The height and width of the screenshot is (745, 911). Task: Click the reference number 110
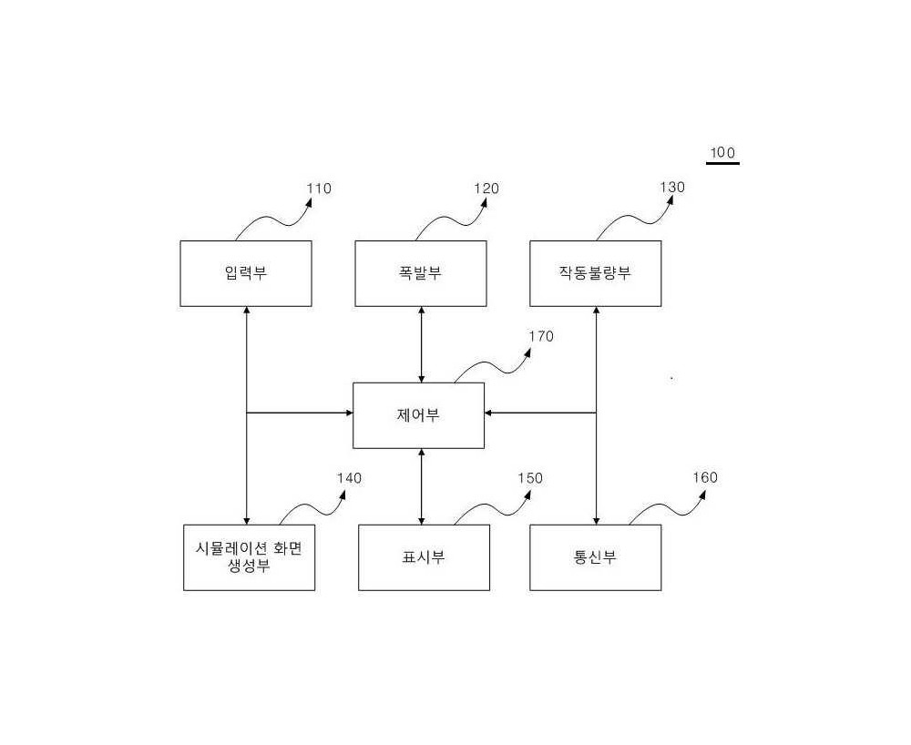coord(319,189)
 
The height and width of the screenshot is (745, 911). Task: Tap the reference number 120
coord(486,189)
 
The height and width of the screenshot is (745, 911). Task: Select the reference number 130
coord(672,188)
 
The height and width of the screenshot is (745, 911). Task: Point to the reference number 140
coord(349,478)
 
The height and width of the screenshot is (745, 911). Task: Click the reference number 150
coord(530,478)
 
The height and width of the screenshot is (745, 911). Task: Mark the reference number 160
coord(705,478)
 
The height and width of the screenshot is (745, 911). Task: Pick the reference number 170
coord(541,337)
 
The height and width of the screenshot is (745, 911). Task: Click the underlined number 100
coord(722,153)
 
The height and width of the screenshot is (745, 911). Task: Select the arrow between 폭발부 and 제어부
coord(421,344)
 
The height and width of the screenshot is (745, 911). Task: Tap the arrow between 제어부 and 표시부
coord(421,486)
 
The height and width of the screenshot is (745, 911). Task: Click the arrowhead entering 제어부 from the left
coord(349,413)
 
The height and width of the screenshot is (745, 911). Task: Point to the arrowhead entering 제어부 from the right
coord(488,413)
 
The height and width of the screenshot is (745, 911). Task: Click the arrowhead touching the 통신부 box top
coord(596,521)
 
